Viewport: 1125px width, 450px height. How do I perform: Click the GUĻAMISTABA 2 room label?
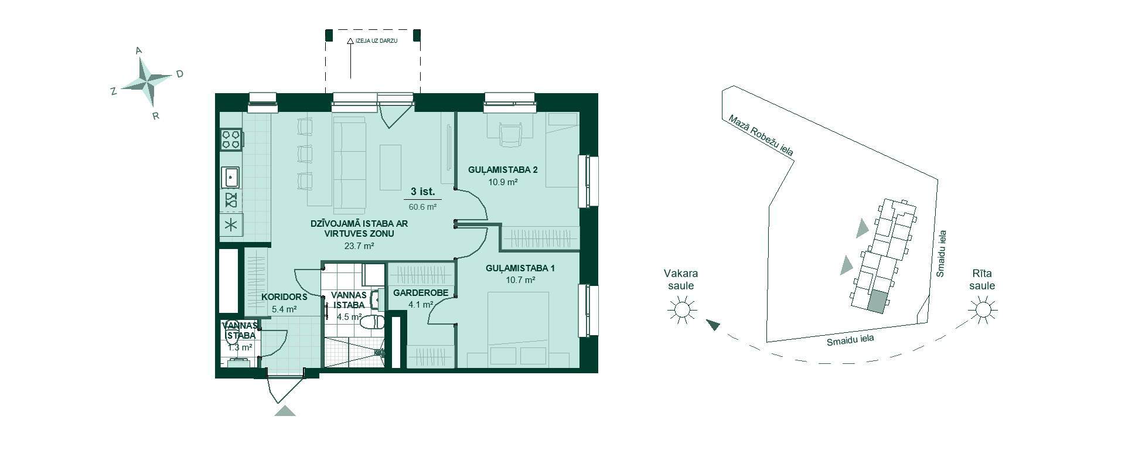coord(503,170)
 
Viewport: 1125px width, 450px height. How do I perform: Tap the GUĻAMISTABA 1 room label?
coord(520,268)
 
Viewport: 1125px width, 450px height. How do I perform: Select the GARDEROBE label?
coord(421,293)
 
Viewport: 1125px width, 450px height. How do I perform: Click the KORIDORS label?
coord(284,297)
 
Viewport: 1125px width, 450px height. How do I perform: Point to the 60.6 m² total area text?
coord(423,206)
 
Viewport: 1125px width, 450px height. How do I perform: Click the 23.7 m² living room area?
coord(359,246)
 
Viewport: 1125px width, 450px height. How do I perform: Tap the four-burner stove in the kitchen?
coord(231,139)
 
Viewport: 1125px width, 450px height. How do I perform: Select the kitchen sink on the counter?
coord(231,175)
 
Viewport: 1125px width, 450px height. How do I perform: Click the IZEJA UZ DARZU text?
coord(377,42)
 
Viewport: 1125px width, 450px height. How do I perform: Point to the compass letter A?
coord(139,51)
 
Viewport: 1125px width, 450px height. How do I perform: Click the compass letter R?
coord(155,115)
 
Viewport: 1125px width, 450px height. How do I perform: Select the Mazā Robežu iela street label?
coord(761,135)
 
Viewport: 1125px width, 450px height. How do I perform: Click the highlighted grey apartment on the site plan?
coord(877,302)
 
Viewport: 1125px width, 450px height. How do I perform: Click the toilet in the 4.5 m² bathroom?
coord(373,322)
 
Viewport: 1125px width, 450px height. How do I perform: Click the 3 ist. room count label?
coord(423,191)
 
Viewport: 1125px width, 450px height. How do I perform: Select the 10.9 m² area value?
coord(503,182)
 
